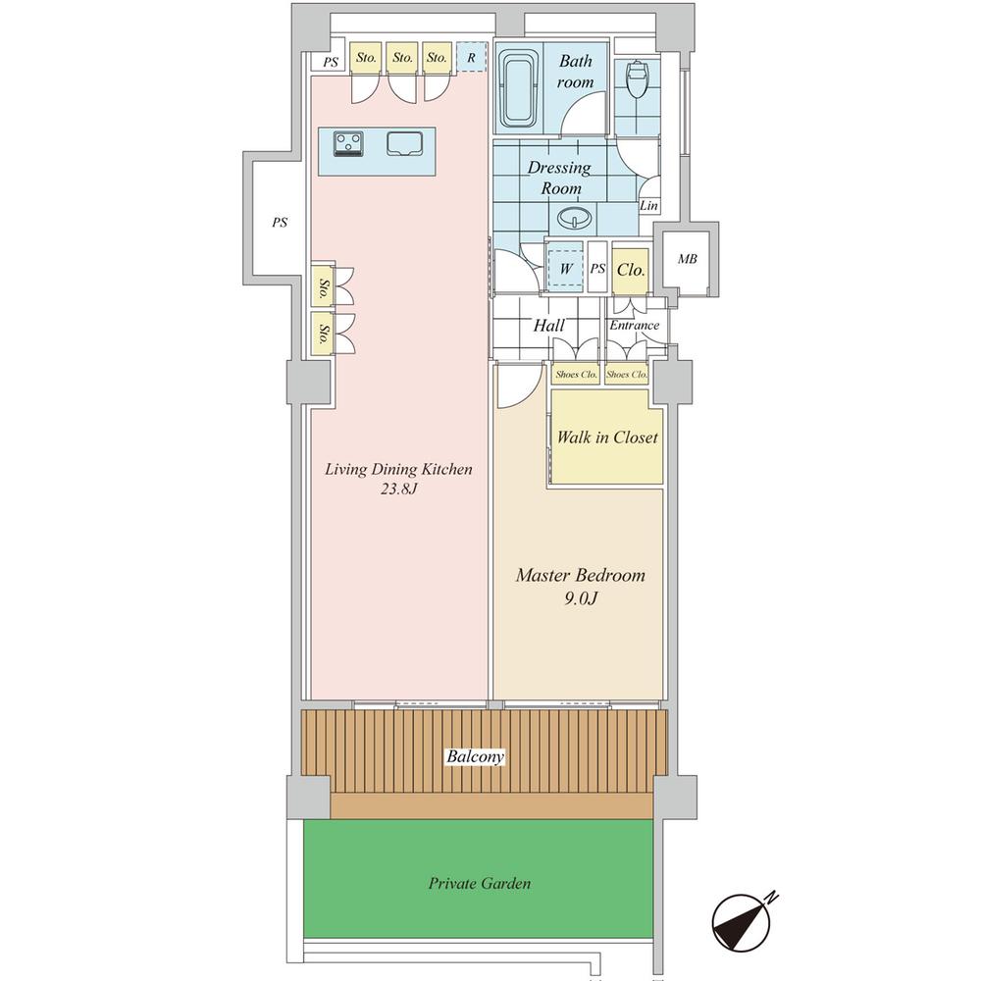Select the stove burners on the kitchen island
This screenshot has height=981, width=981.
click(348, 143)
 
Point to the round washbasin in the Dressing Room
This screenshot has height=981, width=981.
click(574, 218)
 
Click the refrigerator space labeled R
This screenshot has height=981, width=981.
click(471, 57)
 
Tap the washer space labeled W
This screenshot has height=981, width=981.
click(566, 268)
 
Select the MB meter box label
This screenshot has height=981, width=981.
click(687, 259)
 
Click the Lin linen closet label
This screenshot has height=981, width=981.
click(648, 205)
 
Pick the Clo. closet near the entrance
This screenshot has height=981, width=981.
click(630, 270)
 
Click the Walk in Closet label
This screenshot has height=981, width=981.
click(607, 437)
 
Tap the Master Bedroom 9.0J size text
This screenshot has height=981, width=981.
click(581, 598)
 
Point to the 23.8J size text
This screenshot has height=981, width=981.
click(398, 489)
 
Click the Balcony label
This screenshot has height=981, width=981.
click(475, 756)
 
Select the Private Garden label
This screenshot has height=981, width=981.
click(480, 884)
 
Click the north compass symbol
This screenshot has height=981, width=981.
click(742, 921)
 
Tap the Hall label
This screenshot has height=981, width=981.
click(548, 326)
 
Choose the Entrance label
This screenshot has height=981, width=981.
click(635, 326)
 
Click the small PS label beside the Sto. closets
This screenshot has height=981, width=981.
click(331, 62)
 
